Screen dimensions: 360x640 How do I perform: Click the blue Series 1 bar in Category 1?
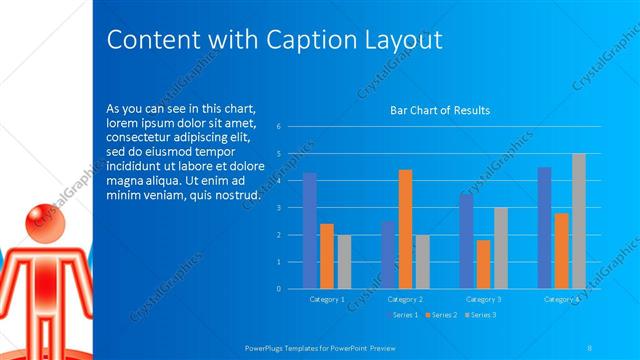coord(309,230)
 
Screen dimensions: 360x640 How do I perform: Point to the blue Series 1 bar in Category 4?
coord(544,227)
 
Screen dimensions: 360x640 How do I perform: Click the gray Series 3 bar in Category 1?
coord(344,261)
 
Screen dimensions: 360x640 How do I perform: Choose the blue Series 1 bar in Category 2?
coord(388,254)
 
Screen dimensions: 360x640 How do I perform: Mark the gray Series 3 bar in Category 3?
coord(501,247)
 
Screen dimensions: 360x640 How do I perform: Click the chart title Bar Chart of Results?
coord(440,110)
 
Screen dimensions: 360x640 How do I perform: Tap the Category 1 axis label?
coord(327,299)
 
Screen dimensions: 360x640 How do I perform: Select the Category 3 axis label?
coord(484,299)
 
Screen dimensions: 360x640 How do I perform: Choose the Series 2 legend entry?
coord(443,315)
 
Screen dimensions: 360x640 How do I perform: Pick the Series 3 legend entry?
coord(482,315)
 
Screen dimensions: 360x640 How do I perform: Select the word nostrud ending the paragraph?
coord(239,194)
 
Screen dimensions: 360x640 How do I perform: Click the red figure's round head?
coord(39,220)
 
